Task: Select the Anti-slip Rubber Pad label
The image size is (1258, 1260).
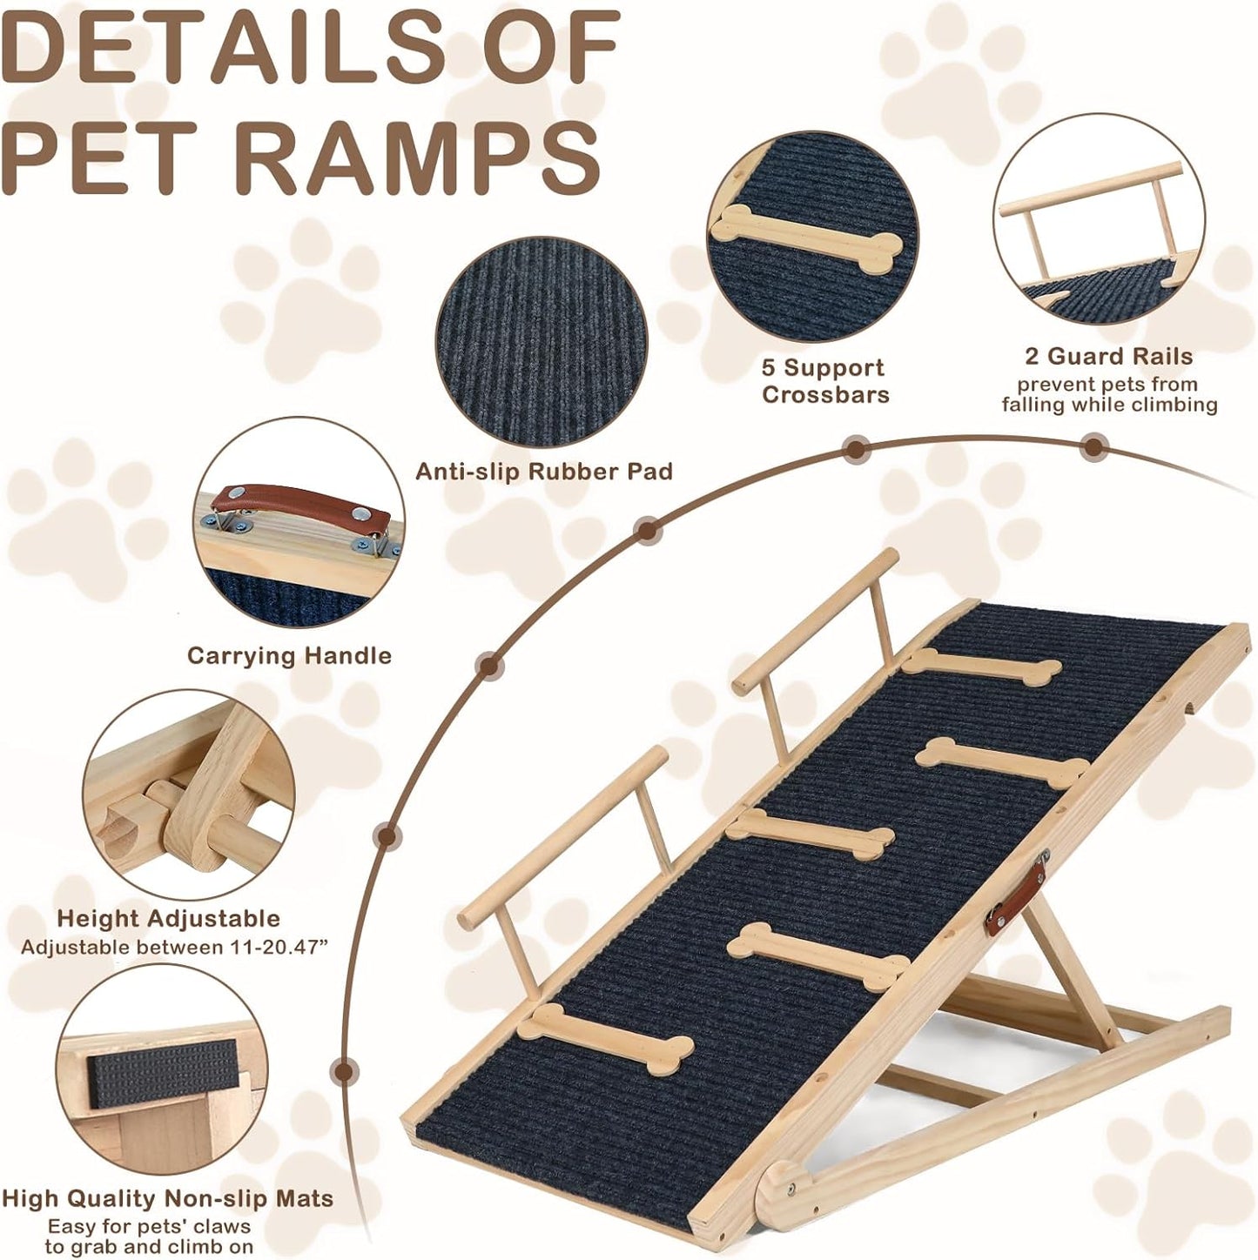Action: (x=543, y=472)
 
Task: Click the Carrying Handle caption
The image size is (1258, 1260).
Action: (x=289, y=655)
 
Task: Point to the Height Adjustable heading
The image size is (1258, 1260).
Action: (x=168, y=918)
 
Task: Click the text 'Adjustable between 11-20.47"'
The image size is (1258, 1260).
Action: (x=174, y=947)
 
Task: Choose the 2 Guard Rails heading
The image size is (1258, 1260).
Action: (x=1108, y=356)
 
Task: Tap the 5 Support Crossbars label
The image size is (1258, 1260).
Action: (x=824, y=380)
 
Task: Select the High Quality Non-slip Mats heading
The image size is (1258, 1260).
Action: (x=167, y=1198)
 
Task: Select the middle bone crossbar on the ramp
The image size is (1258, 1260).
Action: (x=810, y=832)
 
